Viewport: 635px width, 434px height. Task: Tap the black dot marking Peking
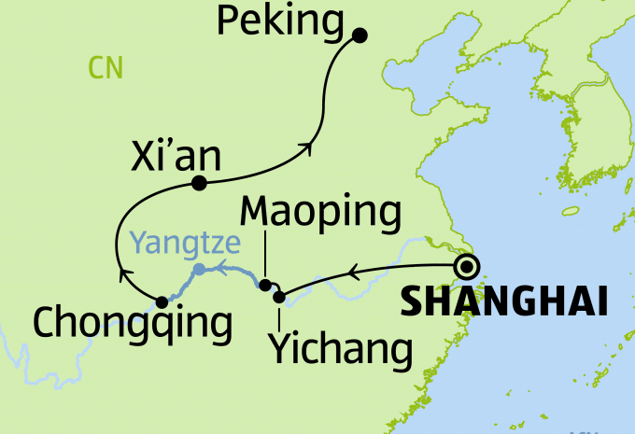pyautogui.click(x=359, y=35)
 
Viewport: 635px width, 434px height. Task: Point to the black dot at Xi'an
pyautogui.click(x=198, y=183)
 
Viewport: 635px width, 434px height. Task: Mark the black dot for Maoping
pyautogui.click(x=265, y=286)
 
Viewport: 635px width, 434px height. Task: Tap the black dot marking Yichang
pyautogui.click(x=278, y=298)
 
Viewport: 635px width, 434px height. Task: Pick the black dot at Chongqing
pyautogui.click(x=162, y=301)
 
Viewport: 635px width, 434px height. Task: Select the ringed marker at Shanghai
pyautogui.click(x=468, y=268)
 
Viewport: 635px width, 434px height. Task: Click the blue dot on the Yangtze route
pyautogui.click(x=199, y=270)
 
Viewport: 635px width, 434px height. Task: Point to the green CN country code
pyautogui.click(x=106, y=67)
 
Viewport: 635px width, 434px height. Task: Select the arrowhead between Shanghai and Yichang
pyautogui.click(x=352, y=273)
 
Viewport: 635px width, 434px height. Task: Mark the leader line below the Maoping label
pyautogui.click(x=265, y=256)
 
